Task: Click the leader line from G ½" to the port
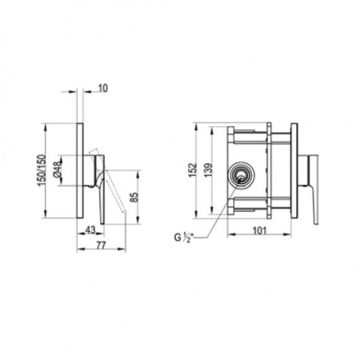(216, 210)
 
